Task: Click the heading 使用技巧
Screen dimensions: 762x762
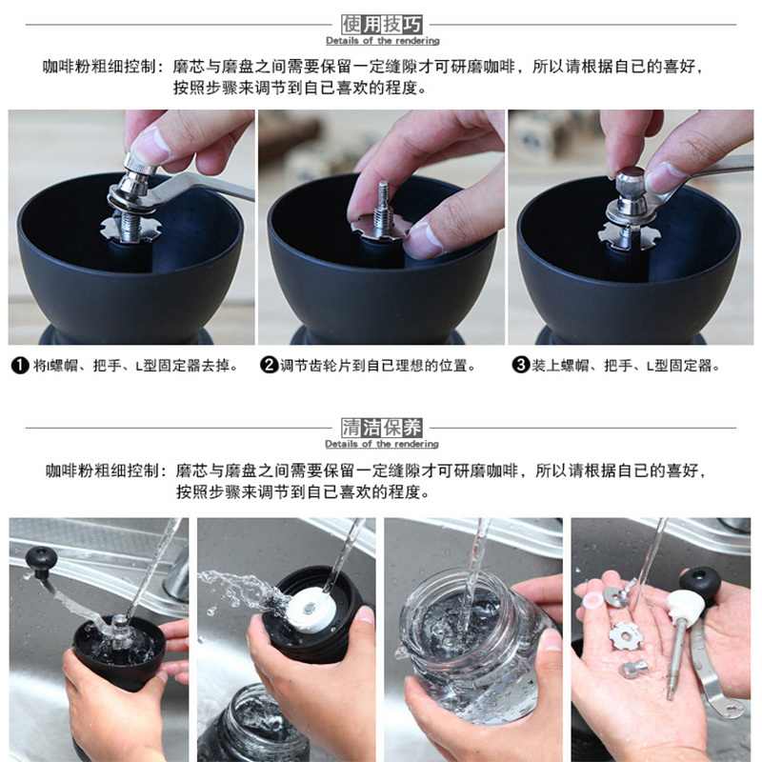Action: pos(382,25)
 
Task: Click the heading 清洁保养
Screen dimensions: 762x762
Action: pos(382,428)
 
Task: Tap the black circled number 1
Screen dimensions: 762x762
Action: pos(20,365)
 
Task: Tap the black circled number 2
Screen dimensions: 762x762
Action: pos(269,365)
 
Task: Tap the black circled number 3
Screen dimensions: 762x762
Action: pos(520,365)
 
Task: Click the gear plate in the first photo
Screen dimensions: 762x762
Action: pos(130,229)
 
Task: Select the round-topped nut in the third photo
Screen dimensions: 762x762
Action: pos(631,181)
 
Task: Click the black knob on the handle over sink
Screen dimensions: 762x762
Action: pos(41,560)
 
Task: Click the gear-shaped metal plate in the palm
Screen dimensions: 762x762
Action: pos(626,636)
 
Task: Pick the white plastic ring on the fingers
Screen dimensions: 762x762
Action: pos(591,601)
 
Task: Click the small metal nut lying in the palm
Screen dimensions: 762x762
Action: pos(633,669)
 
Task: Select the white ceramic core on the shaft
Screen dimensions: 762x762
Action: pos(685,607)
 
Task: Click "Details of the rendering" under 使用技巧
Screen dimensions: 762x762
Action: pos(383,41)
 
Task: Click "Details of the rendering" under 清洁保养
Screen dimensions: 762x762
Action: pos(382,444)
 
